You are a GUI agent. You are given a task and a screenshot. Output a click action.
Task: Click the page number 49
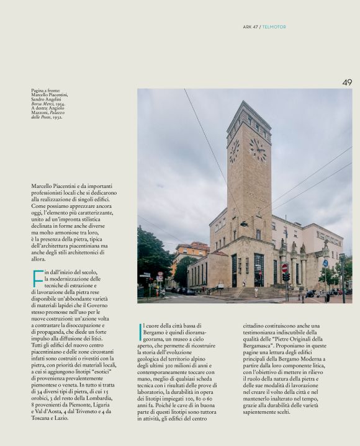click(347, 83)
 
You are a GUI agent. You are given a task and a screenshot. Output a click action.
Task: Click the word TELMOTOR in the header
click(274, 27)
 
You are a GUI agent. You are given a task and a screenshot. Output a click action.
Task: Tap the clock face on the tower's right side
click(257, 149)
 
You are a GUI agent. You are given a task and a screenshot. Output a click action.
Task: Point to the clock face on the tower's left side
click(234, 151)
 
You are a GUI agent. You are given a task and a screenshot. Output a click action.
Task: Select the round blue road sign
click(325, 263)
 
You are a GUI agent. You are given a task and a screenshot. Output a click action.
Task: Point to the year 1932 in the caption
click(55, 117)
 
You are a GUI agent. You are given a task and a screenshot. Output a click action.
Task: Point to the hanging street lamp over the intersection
click(244, 224)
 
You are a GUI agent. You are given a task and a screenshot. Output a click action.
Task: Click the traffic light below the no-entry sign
click(286, 277)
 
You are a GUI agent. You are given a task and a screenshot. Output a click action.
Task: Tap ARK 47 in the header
click(251, 27)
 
